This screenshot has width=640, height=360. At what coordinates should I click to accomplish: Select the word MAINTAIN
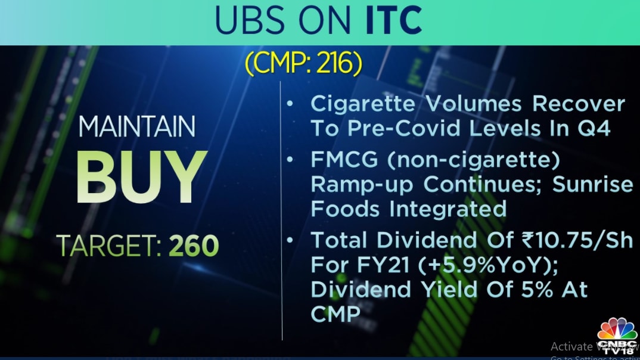click(x=136, y=127)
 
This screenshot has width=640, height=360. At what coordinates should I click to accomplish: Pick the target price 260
click(x=193, y=245)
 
